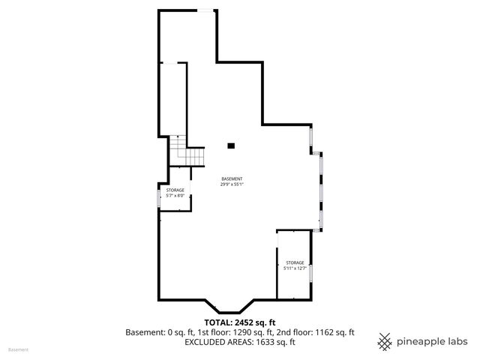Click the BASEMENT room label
(232, 178)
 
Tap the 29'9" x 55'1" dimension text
(232, 184)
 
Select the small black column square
(232, 145)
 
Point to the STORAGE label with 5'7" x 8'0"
(175, 190)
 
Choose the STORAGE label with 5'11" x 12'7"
(294, 262)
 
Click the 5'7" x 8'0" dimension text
(175, 196)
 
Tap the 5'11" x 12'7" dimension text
(294, 268)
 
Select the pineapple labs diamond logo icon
(385, 341)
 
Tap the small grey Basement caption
(18, 349)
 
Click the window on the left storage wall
(158, 196)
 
